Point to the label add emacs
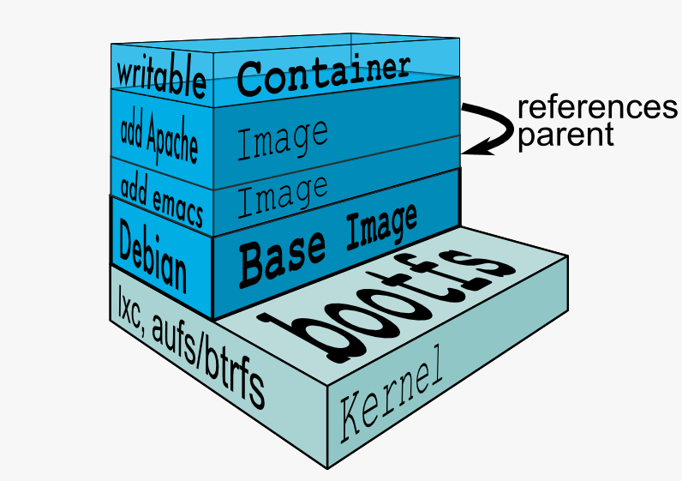[x=161, y=201]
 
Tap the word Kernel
[x=391, y=400]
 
